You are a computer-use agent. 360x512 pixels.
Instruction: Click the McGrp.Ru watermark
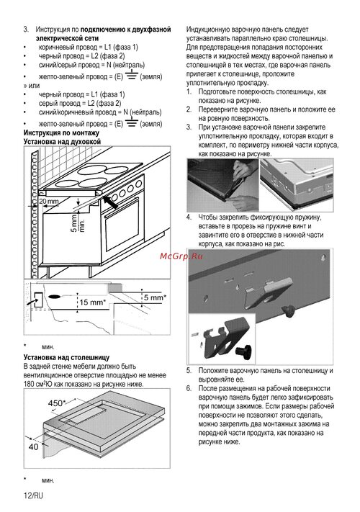coord(181,256)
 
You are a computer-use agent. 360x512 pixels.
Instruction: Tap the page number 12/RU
coord(33,495)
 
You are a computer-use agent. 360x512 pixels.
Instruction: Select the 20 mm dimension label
coord(49,202)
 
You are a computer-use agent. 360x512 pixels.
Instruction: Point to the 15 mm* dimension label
coord(93,302)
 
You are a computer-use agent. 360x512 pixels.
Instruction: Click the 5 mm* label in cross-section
coord(155,297)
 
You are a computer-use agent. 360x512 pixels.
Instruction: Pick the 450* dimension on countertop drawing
coord(57,403)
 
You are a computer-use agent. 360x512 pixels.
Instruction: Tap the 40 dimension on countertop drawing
coord(34,446)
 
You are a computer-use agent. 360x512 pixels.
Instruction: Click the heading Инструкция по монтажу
coord(61,133)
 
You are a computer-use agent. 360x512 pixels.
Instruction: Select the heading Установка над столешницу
coord(66,357)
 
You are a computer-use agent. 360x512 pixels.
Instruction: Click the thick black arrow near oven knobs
coord(110,202)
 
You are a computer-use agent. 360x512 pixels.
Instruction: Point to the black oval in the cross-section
coord(55,297)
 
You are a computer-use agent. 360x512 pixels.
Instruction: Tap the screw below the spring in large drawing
coord(289,310)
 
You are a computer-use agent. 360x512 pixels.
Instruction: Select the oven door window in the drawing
coord(122,225)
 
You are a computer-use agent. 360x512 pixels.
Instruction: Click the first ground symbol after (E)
coord(131,75)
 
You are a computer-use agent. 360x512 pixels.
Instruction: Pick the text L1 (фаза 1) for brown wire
coord(122,47)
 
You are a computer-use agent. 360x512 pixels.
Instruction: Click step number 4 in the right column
coord(189,217)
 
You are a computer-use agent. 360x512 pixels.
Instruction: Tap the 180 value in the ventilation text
coord(29,384)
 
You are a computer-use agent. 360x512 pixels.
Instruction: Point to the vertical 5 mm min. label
coord(78,223)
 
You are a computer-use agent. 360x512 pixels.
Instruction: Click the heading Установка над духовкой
coord(62,142)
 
